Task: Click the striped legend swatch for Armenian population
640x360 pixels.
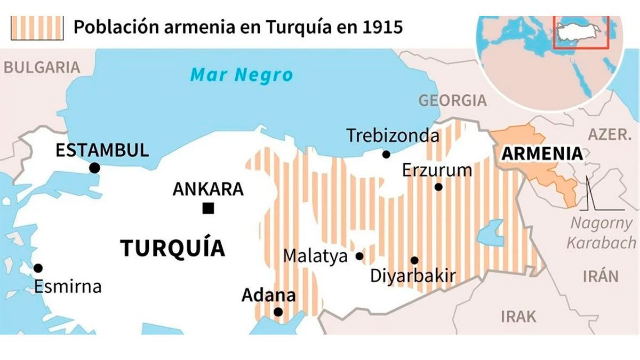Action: point(37,27)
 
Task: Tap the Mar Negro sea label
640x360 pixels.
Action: point(242,75)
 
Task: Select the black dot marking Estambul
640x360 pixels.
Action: point(94,168)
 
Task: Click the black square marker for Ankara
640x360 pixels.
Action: point(208,209)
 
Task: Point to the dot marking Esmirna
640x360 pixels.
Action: point(38,268)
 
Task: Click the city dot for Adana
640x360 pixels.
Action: point(278,312)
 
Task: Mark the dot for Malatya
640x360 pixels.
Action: point(359,257)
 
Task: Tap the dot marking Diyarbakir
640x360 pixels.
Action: point(414,260)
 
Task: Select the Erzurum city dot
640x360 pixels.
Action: point(438,187)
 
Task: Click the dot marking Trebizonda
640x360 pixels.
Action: point(386,154)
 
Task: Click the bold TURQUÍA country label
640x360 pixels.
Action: point(172,249)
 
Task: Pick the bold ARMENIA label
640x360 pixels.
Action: point(542,154)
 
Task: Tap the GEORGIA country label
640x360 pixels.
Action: point(452,100)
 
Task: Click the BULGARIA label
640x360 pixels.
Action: point(42,67)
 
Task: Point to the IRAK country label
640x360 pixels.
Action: point(518,316)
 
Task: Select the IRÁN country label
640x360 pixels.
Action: point(600,276)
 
